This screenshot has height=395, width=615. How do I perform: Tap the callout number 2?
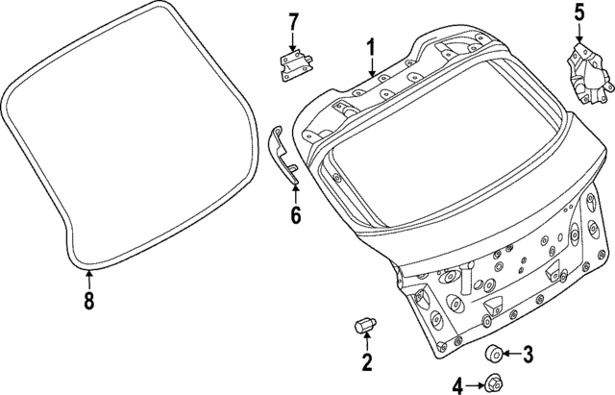pyautogui.click(x=366, y=362)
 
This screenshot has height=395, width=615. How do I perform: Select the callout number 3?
pyautogui.click(x=528, y=355)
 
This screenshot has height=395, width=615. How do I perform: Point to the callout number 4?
pyautogui.click(x=458, y=385)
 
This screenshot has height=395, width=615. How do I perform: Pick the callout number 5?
pyautogui.click(x=579, y=12)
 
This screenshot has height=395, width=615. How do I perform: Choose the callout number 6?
pyautogui.click(x=295, y=215)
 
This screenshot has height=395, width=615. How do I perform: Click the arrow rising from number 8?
pyautogui.click(x=88, y=280)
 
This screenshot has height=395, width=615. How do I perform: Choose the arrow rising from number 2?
pyautogui.click(x=366, y=344)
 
